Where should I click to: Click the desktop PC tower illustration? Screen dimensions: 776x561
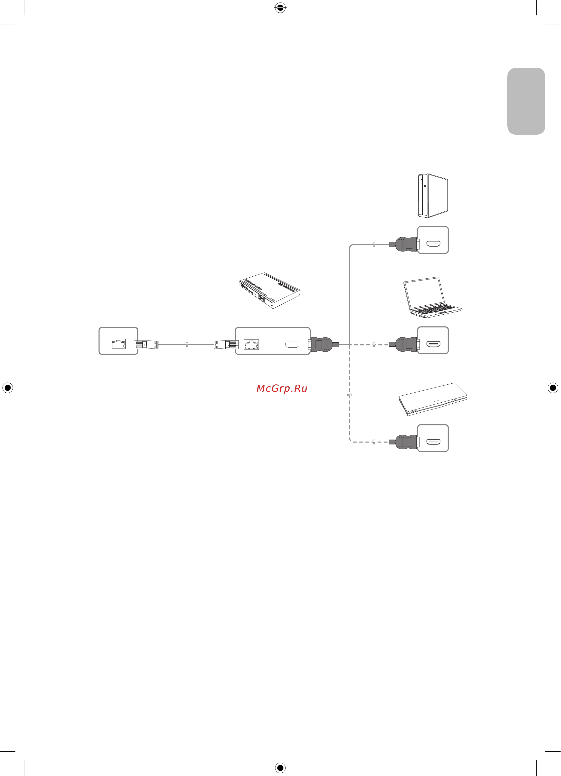tap(433, 196)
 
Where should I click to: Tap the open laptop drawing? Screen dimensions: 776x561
tap(432, 297)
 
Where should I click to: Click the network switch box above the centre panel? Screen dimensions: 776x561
tap(269, 290)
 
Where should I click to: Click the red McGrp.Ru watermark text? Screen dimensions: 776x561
tap(282, 388)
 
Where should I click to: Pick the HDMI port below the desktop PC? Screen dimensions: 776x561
tap(433, 244)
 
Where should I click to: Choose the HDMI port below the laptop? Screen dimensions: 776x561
tap(433, 344)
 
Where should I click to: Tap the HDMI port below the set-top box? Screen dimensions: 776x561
tap(433, 442)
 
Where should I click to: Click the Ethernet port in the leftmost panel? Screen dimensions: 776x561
tap(118, 344)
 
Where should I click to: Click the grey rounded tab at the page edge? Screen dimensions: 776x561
tap(526, 101)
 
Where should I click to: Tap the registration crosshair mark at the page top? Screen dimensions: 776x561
tap(280, 8)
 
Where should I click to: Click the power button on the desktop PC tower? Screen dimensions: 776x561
tap(425, 186)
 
